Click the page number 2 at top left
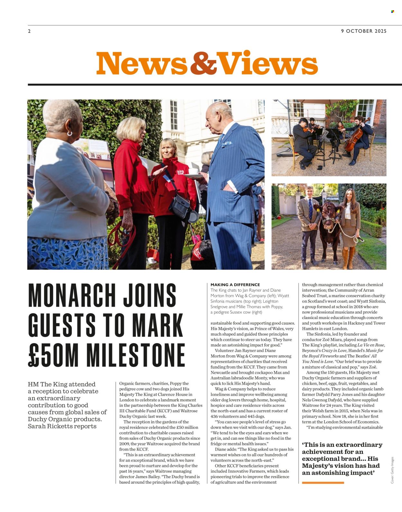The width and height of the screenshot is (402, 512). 29,31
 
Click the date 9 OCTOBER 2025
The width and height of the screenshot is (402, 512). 364,31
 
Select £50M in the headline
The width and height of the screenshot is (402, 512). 53,355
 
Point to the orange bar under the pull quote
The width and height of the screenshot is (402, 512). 323,482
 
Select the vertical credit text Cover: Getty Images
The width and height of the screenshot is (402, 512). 392,470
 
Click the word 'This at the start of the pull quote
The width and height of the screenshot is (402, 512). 313,445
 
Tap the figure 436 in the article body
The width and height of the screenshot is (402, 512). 215,416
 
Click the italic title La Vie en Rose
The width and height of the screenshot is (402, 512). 371,345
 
